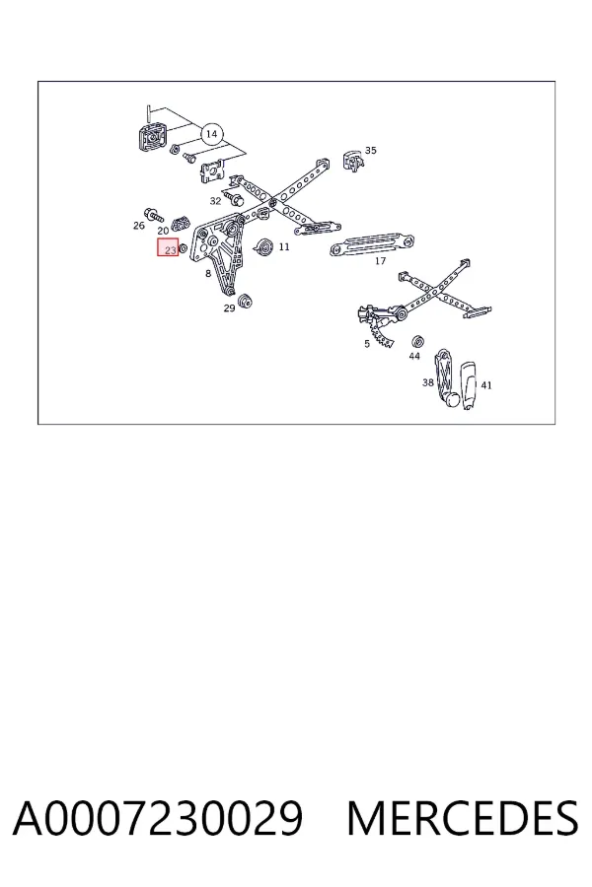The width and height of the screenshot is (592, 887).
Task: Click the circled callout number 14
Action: click(x=211, y=134)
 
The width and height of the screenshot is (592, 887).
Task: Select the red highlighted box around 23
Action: click(x=168, y=247)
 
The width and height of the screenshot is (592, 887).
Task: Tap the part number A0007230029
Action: click(x=158, y=818)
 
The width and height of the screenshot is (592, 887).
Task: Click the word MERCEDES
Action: click(x=463, y=818)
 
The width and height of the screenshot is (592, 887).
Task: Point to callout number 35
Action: click(x=371, y=151)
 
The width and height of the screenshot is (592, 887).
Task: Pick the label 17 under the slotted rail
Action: click(x=380, y=261)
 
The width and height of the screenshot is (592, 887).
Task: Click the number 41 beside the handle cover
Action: click(x=486, y=385)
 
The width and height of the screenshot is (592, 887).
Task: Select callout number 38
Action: click(x=427, y=382)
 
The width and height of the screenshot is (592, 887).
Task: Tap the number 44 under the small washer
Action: click(x=414, y=357)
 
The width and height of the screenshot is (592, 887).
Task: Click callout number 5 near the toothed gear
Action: click(x=367, y=344)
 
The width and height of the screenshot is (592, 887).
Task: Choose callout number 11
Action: click(x=284, y=246)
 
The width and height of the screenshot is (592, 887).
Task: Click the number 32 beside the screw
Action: click(x=215, y=201)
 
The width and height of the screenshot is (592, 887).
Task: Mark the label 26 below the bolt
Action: click(x=139, y=226)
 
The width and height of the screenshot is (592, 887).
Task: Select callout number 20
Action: click(x=163, y=231)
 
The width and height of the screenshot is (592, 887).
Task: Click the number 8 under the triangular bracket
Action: click(x=208, y=274)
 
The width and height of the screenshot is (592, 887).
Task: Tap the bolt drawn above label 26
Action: click(x=154, y=215)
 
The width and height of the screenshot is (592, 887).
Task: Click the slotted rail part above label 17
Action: click(x=373, y=245)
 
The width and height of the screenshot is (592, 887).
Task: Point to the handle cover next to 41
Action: click(x=469, y=385)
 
